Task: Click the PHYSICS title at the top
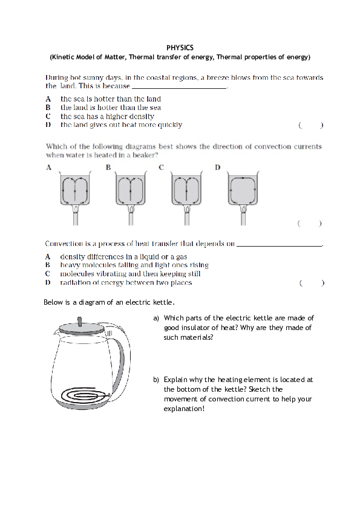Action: (180, 47)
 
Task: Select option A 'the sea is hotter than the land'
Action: (110, 99)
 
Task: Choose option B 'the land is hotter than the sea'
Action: (110, 108)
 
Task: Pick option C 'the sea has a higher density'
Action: (107, 116)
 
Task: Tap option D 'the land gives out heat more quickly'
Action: (121, 125)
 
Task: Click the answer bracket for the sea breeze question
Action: (310, 126)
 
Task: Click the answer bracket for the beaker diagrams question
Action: (309, 224)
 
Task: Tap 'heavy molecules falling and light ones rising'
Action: (134, 265)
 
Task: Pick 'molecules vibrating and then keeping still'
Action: (130, 274)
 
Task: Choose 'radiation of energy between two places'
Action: (126, 282)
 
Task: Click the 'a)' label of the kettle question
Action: (156, 318)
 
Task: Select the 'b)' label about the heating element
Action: (156, 380)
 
